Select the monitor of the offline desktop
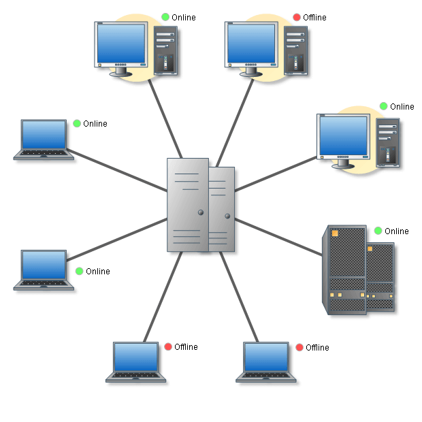251,44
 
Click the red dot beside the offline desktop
297,17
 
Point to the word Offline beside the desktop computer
314,18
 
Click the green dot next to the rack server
378,231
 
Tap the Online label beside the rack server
397,231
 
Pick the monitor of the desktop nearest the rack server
344,139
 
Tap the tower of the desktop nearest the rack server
387,143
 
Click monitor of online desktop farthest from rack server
121,44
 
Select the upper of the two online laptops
44,139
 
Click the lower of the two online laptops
44,270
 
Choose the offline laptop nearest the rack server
267,361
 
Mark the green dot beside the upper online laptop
77,123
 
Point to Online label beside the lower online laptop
98,272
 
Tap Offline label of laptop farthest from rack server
186,347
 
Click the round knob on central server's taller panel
201,212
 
